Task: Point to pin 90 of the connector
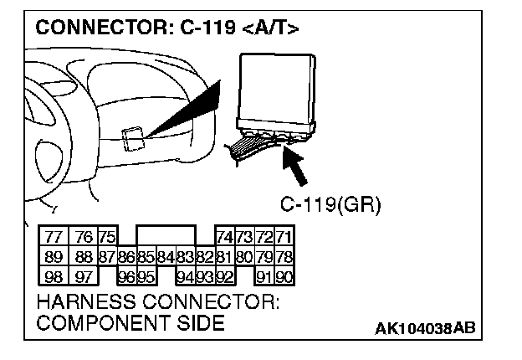point(284,275)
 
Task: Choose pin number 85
point(146,255)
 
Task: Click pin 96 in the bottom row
point(126,275)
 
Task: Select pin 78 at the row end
point(284,255)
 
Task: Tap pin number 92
point(224,275)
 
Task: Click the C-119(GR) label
point(323,204)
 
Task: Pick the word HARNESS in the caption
point(80,300)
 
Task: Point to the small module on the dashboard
point(131,137)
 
